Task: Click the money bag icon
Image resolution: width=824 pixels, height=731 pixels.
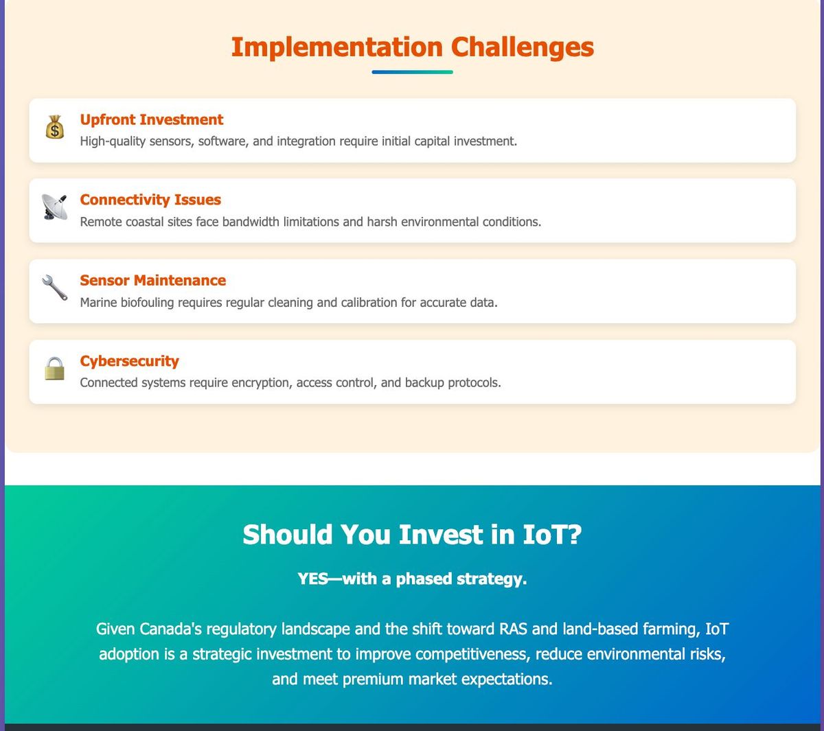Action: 54,127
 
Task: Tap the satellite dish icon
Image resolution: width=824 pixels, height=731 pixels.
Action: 54,207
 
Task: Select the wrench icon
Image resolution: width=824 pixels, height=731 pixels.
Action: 54,288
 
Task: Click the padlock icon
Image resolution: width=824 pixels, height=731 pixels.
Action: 54,369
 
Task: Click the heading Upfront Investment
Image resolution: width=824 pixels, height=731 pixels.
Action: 151,119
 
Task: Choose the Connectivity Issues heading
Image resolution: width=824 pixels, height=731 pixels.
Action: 150,200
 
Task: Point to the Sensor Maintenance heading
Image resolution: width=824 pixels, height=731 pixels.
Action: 153,280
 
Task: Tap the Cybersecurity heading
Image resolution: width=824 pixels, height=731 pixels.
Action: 129,361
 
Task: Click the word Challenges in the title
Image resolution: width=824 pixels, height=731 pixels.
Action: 523,47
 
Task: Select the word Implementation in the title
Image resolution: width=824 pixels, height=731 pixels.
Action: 336,47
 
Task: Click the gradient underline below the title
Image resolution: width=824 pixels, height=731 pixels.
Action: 412,72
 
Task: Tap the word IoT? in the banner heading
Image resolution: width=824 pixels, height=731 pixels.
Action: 552,534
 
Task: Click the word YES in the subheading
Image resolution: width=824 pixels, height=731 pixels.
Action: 312,579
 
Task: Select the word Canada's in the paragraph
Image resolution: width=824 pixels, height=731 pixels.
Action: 170,629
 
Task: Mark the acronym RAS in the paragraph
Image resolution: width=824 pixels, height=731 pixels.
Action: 513,629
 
